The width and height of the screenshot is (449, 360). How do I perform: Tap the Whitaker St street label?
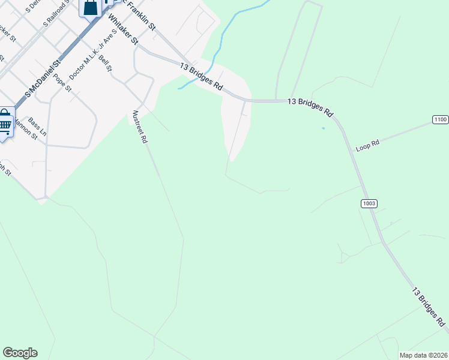(x=124, y=29)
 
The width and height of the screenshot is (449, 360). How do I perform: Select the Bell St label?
(x=106, y=63)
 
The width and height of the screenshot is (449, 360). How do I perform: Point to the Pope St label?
(x=62, y=82)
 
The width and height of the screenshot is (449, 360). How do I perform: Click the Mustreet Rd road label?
(x=139, y=127)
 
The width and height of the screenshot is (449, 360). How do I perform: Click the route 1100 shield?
(x=440, y=120)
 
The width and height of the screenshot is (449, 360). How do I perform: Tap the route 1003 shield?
(x=369, y=203)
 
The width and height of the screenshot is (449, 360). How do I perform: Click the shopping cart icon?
(x=5, y=123)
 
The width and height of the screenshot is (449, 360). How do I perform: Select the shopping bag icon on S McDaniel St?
(x=90, y=8)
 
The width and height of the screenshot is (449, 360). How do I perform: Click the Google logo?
(x=20, y=352)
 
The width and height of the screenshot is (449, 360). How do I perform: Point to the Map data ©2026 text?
(x=424, y=355)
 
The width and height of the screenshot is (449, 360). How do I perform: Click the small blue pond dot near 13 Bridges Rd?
(x=324, y=128)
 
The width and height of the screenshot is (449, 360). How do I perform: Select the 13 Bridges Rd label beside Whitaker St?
(x=202, y=77)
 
